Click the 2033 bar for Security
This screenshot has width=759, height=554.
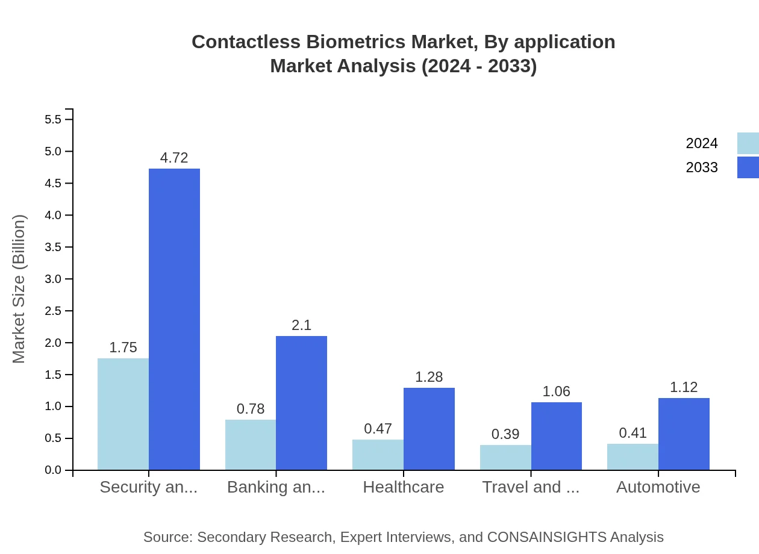(x=174, y=319)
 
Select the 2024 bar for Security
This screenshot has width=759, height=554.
(x=123, y=414)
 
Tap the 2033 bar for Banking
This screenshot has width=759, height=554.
(x=301, y=403)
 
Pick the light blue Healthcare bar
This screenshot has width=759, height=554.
(x=378, y=455)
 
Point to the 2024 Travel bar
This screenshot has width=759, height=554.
(x=505, y=457)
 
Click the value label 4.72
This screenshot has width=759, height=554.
(x=174, y=158)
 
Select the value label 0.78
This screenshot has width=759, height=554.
(x=251, y=409)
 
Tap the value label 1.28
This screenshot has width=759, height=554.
(x=429, y=377)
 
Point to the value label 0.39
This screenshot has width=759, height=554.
(x=505, y=434)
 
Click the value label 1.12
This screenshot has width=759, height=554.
(x=684, y=387)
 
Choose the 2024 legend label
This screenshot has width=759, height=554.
(x=702, y=143)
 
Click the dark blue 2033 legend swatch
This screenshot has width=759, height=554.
(x=748, y=167)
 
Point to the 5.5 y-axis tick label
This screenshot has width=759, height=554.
(x=53, y=119)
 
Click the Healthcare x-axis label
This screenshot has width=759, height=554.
(x=404, y=487)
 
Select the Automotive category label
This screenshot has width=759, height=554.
(x=658, y=487)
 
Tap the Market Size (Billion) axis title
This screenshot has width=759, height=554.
(x=19, y=289)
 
